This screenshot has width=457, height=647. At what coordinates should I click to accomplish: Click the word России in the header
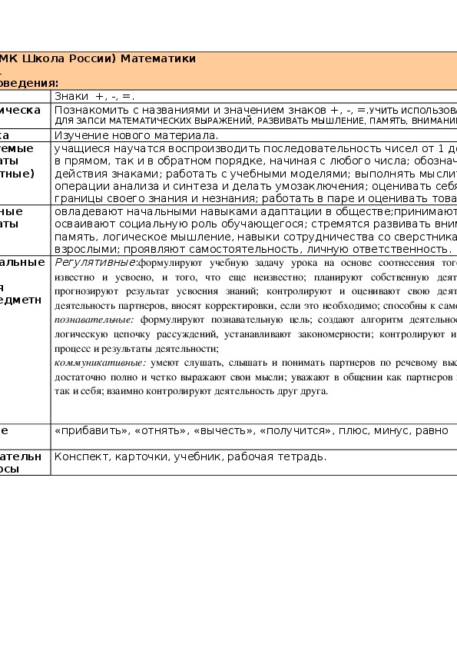pos(93,58)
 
